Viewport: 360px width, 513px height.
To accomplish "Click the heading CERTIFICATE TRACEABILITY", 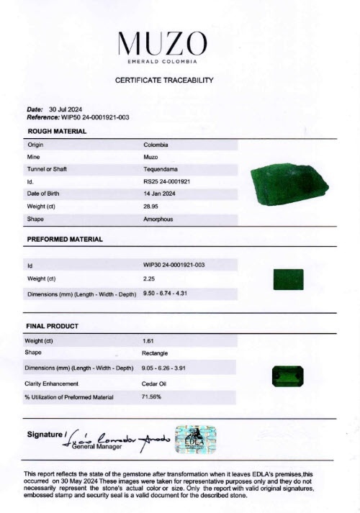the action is click(x=165, y=81).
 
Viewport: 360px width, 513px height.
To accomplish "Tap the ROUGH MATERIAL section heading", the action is click(x=57, y=132).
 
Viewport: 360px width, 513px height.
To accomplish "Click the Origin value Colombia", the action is click(x=156, y=145).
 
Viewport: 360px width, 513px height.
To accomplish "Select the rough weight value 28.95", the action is click(x=151, y=206).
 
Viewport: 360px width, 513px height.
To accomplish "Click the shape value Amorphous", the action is click(x=158, y=218).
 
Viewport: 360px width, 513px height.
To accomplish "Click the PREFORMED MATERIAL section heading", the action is click(x=65, y=239).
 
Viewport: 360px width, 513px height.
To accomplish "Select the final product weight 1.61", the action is click(x=149, y=340).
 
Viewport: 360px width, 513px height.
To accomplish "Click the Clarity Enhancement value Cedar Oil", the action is click(x=155, y=383).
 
